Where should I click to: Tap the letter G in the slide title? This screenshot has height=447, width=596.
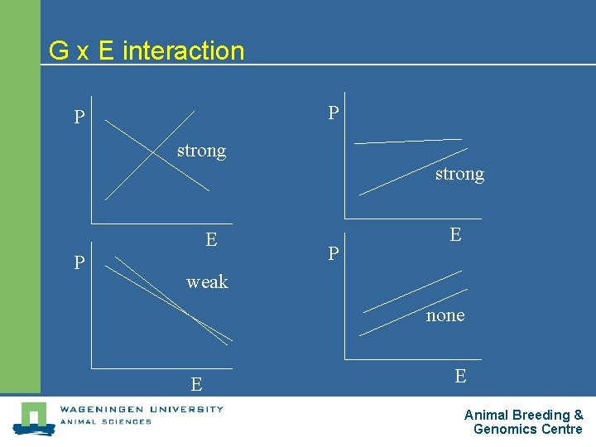(x=58, y=50)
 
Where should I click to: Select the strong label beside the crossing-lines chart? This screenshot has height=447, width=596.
(x=201, y=151)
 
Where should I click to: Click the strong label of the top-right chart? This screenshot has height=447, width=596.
(x=459, y=174)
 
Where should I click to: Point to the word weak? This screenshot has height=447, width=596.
(x=207, y=282)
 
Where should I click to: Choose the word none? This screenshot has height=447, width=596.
(x=445, y=315)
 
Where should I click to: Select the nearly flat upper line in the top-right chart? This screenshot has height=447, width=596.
(x=408, y=141)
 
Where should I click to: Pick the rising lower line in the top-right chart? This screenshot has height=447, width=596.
(x=414, y=171)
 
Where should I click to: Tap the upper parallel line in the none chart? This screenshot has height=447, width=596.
(x=412, y=291)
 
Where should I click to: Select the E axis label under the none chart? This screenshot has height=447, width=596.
(x=460, y=376)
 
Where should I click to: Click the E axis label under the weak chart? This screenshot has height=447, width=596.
(x=196, y=384)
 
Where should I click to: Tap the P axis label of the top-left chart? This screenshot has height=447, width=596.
(x=79, y=118)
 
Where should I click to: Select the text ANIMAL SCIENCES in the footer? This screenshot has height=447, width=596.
(x=105, y=421)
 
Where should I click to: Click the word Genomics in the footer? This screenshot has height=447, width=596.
(x=506, y=429)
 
